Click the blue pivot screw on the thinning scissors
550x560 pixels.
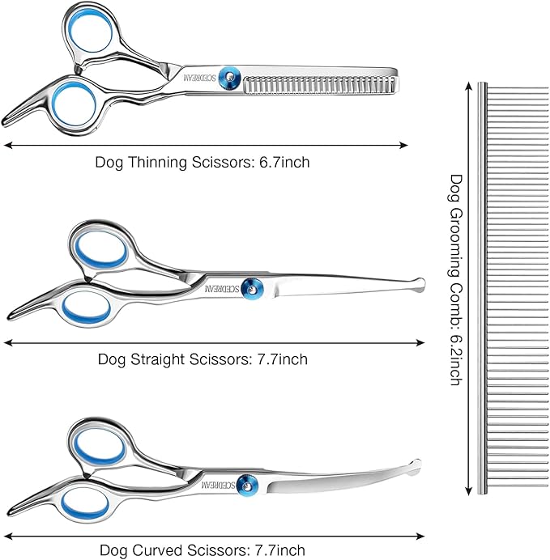[x=229, y=75]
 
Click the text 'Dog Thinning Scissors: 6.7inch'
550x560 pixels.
[x=202, y=163]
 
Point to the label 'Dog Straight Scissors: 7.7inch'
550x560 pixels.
[x=203, y=358]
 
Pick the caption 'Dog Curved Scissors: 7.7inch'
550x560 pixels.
[x=203, y=551]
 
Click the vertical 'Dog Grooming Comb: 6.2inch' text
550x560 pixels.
[x=455, y=279]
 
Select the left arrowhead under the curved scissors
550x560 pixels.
[x=10, y=535]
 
